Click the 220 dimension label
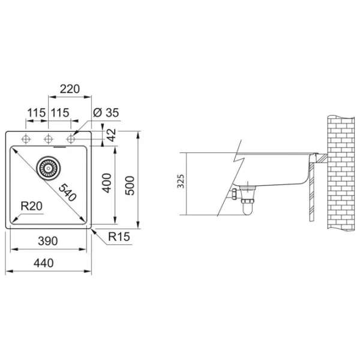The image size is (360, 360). [x=70, y=89]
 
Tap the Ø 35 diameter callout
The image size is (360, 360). [x=106, y=113]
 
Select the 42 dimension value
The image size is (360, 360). [x=112, y=135]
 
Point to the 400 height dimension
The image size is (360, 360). [x=107, y=183]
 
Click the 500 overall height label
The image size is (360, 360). [x=130, y=185]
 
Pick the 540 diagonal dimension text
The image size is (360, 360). [x=67, y=193]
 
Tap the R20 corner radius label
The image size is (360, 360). [x=31, y=206]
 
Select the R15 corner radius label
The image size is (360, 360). [x=119, y=236]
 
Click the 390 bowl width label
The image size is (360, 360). [x=48, y=241]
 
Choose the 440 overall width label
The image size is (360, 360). [x=44, y=263]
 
